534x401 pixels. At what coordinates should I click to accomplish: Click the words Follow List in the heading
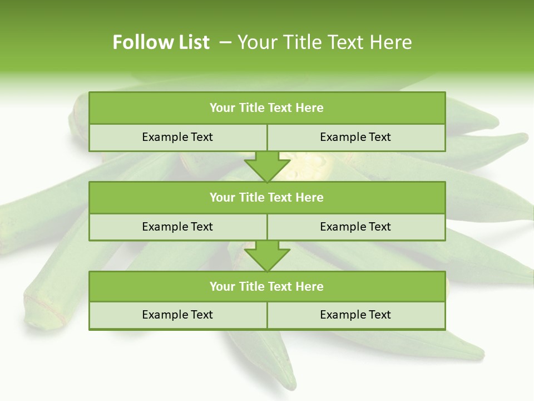point(161,42)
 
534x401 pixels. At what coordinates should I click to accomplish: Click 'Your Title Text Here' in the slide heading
point(324,42)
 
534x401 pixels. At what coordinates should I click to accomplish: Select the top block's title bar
point(267,108)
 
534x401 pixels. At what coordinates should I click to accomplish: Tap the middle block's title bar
point(267,197)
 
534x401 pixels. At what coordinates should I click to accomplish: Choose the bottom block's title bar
point(267,286)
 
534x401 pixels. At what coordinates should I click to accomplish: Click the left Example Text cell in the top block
point(177,137)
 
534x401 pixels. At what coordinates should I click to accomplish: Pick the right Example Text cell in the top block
point(355,137)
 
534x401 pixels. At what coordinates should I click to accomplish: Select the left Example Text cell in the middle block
point(177,227)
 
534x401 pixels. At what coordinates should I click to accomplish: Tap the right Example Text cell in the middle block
point(355,227)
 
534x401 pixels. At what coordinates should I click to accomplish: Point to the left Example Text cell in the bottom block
point(177,315)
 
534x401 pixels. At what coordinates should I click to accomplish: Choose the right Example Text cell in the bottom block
point(355,315)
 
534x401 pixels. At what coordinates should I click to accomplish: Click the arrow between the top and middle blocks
point(267,167)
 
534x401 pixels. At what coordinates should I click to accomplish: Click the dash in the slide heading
point(225,42)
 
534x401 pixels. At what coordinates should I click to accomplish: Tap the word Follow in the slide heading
point(142,42)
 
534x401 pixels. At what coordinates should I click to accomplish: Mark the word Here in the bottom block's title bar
point(310,286)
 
